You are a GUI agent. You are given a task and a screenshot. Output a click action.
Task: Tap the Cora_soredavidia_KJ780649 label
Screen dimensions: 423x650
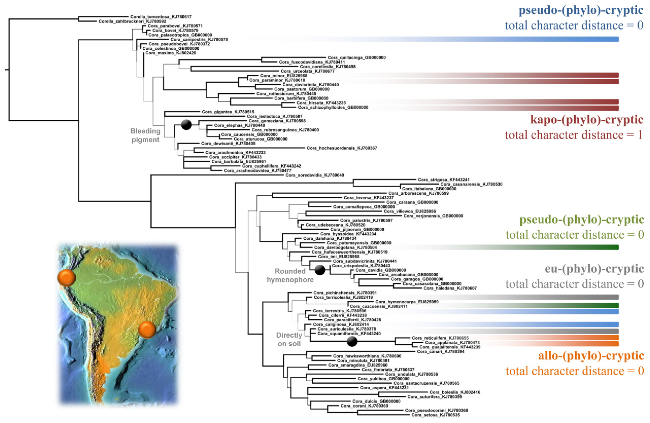click(315, 175)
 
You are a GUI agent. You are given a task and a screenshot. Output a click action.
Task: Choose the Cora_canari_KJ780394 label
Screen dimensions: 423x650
click(440, 352)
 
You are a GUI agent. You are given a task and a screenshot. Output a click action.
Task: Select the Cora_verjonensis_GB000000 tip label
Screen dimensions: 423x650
click(433, 216)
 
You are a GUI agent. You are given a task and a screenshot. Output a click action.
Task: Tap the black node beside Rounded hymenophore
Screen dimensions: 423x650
click(320, 270)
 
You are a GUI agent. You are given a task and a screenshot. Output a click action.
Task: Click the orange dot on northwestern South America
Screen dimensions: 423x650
click(66, 278)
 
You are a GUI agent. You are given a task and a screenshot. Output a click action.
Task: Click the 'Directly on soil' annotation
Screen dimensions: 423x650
click(289, 339)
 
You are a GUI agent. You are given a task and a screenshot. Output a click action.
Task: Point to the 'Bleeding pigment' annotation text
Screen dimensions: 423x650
click(145, 135)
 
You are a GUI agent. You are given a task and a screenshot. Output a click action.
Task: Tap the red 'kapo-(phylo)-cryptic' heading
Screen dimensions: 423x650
click(587, 120)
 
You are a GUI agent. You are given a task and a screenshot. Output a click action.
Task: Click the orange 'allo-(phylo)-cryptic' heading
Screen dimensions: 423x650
click(591, 356)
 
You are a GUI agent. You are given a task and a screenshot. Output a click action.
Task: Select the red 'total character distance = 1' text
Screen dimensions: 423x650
click(574, 135)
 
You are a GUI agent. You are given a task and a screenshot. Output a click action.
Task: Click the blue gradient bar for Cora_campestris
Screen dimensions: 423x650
click(464, 39)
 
